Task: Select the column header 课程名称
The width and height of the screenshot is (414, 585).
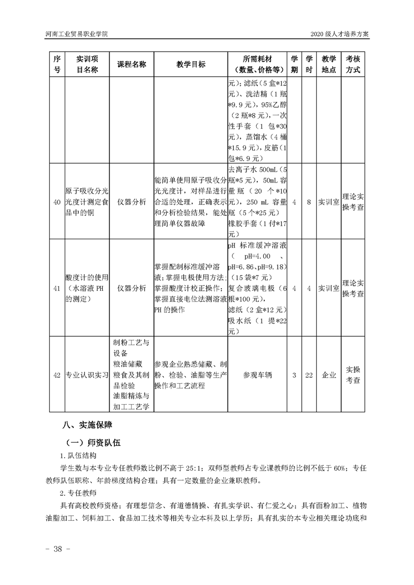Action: coord(132,64)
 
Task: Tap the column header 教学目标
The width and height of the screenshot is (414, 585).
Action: coord(191,64)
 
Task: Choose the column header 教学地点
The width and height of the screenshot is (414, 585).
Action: coord(329,64)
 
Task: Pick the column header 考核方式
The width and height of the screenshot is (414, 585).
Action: coord(353,64)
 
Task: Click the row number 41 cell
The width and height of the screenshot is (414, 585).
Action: coord(57,287)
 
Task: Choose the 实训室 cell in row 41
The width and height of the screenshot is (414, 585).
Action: coord(329,287)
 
